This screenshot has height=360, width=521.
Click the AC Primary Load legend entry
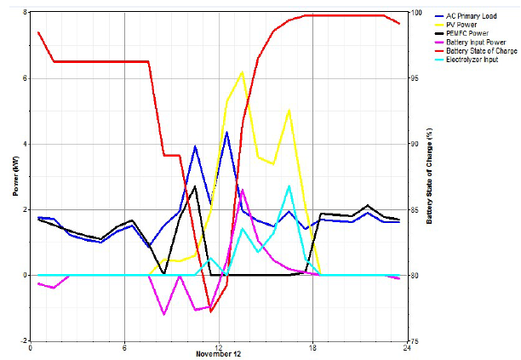466,16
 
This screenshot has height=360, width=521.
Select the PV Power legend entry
456,25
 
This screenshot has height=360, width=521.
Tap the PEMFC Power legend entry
462,33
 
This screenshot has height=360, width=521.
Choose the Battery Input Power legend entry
471,43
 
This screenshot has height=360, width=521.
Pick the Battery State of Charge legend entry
476,51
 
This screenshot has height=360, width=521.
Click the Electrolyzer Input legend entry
467,60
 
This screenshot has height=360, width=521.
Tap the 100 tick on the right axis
417,13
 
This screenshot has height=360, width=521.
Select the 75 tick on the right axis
415,341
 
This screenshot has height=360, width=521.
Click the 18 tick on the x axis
312,348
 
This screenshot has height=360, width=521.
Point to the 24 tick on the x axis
407,348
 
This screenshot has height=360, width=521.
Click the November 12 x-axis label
218,354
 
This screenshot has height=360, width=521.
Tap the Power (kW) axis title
15,176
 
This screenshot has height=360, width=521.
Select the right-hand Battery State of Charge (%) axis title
429,176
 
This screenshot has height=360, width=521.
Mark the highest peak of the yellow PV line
243,71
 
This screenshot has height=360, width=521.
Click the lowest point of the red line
210,311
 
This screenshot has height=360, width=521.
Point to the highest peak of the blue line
226,132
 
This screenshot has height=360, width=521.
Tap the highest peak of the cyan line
289,186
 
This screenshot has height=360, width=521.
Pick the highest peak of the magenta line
243,190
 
